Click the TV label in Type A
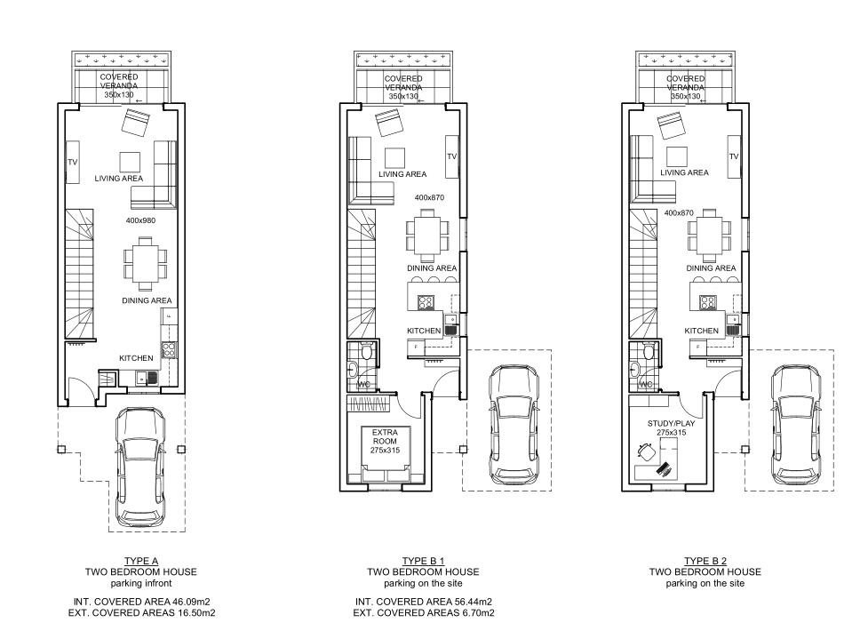point(73,163)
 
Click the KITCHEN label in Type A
point(137,358)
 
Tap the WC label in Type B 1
point(363,384)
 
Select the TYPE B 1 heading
point(424,561)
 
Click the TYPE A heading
point(140,561)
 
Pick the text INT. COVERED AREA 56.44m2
point(424,602)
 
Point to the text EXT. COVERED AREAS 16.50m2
point(140,613)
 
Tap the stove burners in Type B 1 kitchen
point(426,301)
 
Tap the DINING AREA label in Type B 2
point(711,268)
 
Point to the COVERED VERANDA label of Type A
point(119,82)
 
